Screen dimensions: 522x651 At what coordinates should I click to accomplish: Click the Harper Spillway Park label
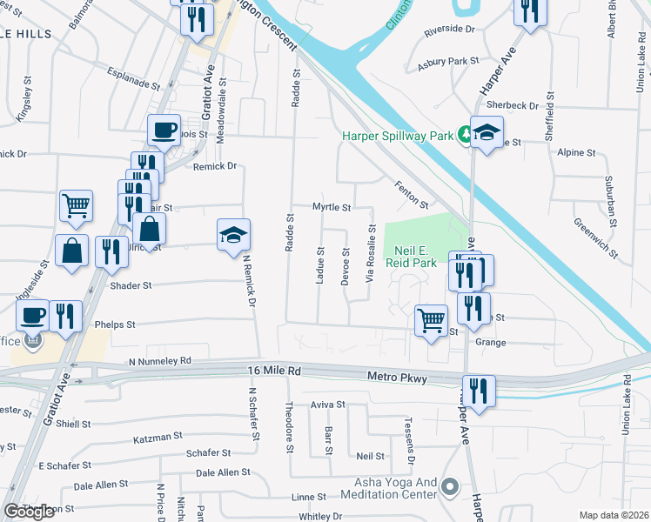[398, 135]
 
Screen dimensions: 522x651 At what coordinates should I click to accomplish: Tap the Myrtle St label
[332, 208]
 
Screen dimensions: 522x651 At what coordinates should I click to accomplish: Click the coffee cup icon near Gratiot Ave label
[164, 130]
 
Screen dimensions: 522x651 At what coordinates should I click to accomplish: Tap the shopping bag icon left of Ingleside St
[71, 251]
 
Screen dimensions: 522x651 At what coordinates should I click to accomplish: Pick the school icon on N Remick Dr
[233, 235]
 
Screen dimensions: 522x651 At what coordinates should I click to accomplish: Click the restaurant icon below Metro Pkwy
[479, 391]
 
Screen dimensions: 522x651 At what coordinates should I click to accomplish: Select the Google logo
[30, 512]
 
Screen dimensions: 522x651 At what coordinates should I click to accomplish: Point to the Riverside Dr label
[449, 30]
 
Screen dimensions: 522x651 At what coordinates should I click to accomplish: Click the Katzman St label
[157, 437]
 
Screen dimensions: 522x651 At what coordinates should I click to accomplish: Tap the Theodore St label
[290, 426]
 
